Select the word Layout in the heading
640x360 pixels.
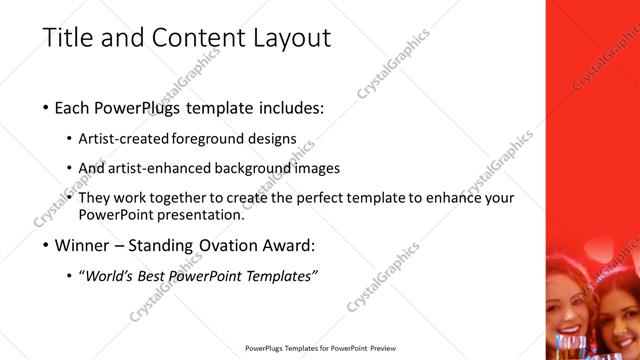click(290, 39)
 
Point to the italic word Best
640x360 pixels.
click(171, 276)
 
